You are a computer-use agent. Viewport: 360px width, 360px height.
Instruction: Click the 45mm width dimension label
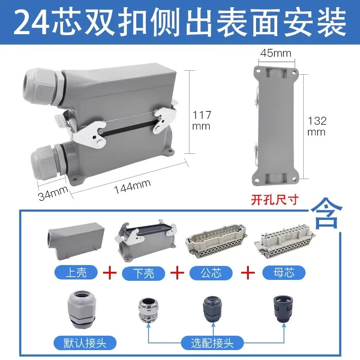click(275, 53)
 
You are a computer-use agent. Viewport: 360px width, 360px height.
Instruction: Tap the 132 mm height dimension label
click(317, 126)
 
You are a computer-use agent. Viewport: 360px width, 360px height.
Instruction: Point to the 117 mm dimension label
click(202, 120)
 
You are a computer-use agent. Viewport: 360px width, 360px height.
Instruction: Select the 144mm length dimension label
click(132, 187)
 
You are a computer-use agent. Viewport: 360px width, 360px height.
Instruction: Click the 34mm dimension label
click(53, 193)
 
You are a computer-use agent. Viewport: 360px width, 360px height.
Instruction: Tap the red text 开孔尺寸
click(275, 199)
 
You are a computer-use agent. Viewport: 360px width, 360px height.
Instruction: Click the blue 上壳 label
click(76, 272)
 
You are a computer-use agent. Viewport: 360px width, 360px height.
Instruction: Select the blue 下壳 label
click(144, 273)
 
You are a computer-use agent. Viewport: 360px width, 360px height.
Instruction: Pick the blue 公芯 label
click(211, 273)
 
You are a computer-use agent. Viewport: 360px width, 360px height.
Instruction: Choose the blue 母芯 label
click(284, 273)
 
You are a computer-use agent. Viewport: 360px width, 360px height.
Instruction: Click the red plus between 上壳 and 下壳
click(110, 273)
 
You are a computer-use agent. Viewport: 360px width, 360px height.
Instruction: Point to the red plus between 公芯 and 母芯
click(248, 273)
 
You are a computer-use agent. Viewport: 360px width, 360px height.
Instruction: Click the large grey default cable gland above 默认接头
click(81, 309)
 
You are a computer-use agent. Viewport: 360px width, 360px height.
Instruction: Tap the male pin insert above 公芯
click(216, 242)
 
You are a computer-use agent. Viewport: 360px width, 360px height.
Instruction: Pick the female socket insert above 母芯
click(285, 242)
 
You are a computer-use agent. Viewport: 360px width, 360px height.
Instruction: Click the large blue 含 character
click(327, 213)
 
